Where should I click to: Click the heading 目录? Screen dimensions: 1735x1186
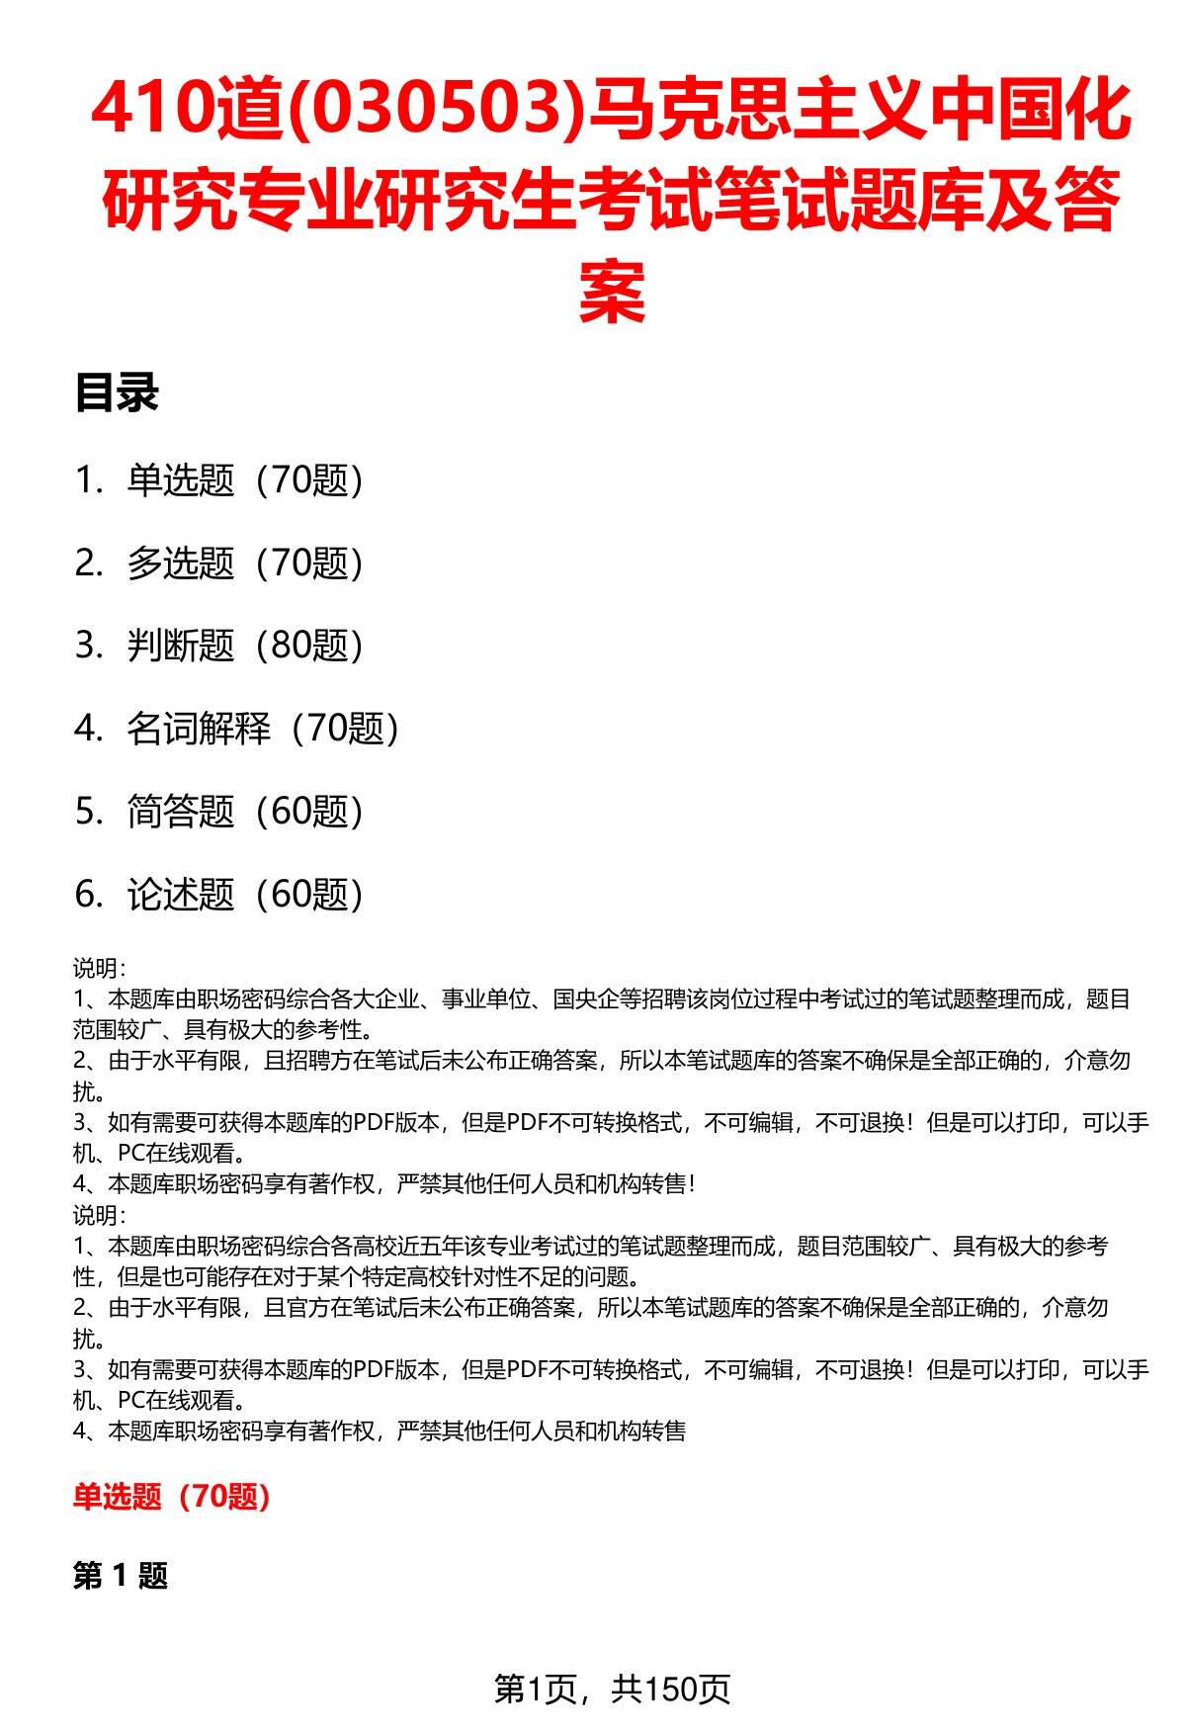point(117,393)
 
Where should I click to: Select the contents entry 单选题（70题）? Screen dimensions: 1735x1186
point(245,480)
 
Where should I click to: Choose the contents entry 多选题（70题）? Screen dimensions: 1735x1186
point(245,564)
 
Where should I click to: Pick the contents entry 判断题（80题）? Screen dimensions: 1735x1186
point(245,646)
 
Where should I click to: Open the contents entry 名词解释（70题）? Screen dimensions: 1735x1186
point(263,729)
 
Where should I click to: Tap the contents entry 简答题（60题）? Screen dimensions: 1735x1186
point(245,812)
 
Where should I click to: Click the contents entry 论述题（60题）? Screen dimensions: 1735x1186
point(245,894)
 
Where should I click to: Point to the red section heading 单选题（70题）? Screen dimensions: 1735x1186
point(172,1497)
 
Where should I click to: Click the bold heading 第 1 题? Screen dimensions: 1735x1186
point(121,1576)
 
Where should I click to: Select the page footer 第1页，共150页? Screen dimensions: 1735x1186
point(612,1689)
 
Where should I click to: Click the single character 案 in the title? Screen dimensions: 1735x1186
point(612,292)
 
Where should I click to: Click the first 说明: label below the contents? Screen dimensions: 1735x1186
point(99,969)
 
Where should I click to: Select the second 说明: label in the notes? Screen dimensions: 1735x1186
point(99,1216)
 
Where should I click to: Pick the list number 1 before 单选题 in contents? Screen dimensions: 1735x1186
point(85,480)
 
